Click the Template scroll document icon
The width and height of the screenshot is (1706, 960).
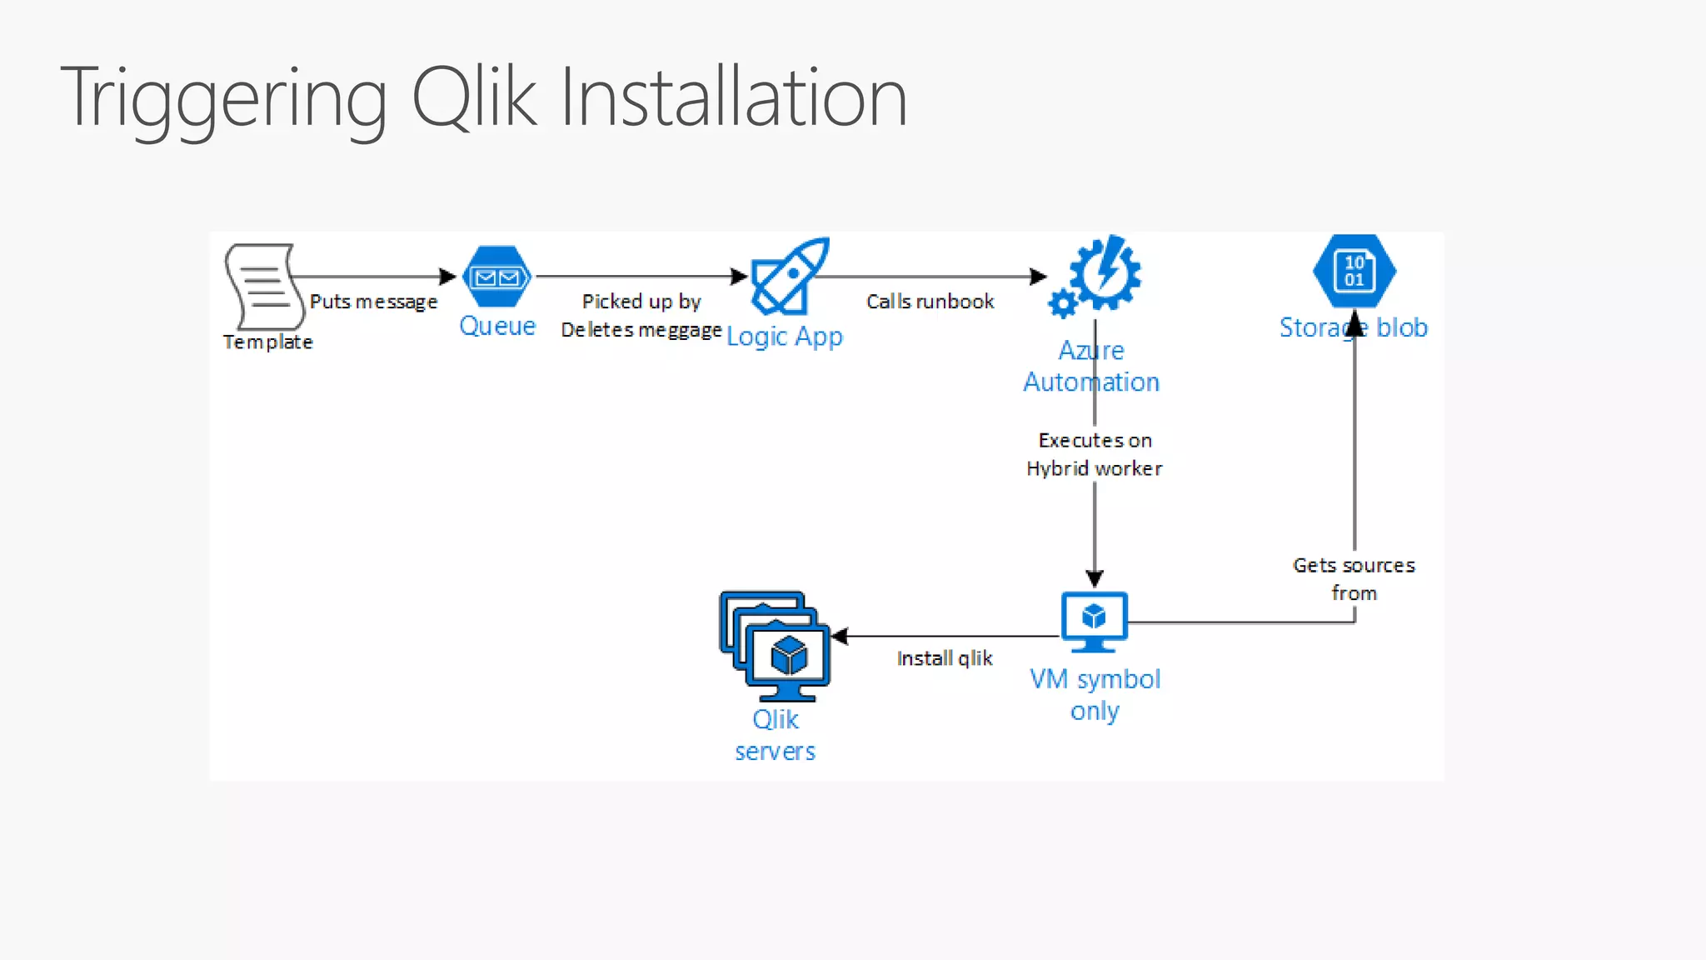coord(262,286)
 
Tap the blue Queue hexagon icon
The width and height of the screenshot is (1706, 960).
coord(497,277)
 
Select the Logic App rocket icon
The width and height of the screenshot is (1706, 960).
coord(790,276)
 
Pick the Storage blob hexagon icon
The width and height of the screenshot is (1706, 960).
coord(1354,272)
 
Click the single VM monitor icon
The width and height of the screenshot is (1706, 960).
coord(1095,622)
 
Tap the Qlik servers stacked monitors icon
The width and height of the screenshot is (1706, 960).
coord(775,646)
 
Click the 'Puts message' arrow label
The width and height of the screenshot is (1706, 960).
coord(373,302)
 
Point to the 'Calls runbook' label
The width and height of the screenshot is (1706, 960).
coord(930,302)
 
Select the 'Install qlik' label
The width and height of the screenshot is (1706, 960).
coord(945,658)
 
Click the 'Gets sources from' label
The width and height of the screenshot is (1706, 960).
coord(1354,579)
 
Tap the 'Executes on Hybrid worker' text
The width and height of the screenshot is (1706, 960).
coord(1095,454)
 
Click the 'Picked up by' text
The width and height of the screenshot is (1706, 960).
coord(641,302)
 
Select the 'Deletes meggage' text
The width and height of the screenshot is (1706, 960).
coord(641,330)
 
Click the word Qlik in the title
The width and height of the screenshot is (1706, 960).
coord(475,98)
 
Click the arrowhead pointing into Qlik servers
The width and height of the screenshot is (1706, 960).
coord(840,637)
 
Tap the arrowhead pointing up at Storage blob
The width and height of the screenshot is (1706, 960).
coord(1354,322)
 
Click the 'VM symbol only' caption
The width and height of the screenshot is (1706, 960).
coord(1095,695)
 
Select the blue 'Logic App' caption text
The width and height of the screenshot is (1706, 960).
coord(785,337)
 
